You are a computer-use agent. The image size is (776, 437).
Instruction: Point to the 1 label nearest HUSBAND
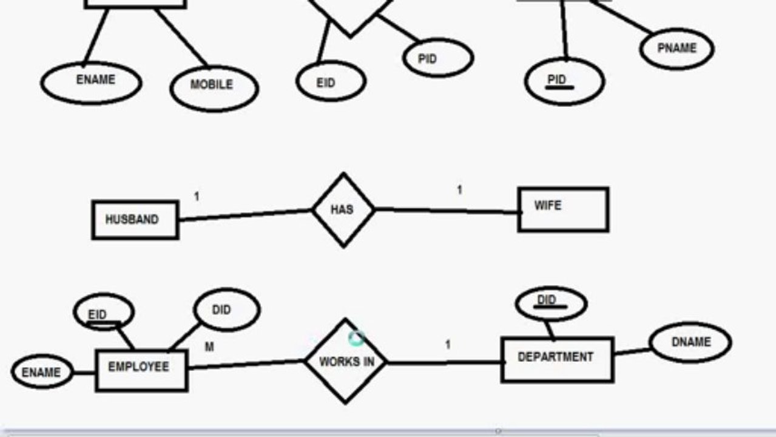coord(197,197)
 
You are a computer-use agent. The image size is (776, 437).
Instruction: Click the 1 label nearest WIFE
coord(460,190)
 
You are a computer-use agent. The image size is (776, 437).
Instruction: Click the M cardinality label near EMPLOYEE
coord(209,347)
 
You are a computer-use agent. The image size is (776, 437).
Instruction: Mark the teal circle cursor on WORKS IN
coord(357,338)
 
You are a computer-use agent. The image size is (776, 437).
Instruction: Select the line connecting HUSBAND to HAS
coord(245,215)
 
